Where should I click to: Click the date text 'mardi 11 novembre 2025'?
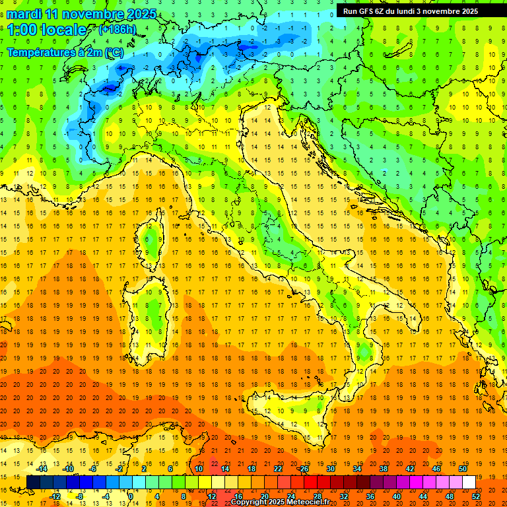pyautogui.click(x=82, y=14)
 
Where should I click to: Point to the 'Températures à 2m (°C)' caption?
pyautogui.click(x=64, y=52)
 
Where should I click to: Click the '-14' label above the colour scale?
pyautogui.click(x=42, y=469)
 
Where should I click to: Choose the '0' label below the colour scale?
pyautogui.click(x=131, y=496)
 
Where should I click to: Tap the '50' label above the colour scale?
pyautogui.click(x=462, y=469)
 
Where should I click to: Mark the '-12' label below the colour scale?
pyautogui.click(x=55, y=496)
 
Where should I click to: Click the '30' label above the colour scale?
pyautogui.click(x=330, y=469)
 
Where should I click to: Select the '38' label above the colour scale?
pyautogui.click(x=383, y=469)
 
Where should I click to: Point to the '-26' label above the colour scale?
pyautogui.click(x=303, y=469)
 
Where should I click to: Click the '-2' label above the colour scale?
pyautogui.click(x=119, y=469)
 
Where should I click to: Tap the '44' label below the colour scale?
pyautogui.click(x=423, y=496)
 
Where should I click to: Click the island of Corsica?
pyautogui.click(x=152, y=242)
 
